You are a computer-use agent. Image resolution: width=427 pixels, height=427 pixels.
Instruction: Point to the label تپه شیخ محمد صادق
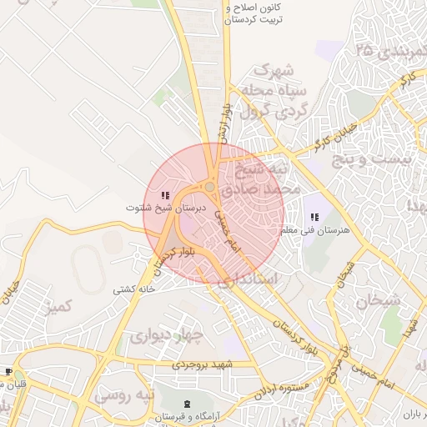coord(266,178)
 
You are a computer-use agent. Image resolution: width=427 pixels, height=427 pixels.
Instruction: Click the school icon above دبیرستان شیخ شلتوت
coord(163,195)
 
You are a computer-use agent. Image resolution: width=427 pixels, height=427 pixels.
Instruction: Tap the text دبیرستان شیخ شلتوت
coord(165,207)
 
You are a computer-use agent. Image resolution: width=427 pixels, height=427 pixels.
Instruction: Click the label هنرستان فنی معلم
coord(318,229)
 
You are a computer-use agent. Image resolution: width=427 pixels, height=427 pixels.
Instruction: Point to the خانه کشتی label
coord(134,289)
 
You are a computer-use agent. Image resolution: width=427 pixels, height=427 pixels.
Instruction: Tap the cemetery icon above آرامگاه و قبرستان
coord(185,405)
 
